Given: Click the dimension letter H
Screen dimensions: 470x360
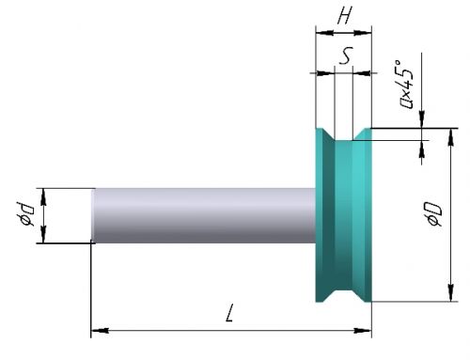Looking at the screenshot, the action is (x=345, y=15).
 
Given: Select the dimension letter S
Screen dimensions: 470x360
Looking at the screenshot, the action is (x=346, y=55).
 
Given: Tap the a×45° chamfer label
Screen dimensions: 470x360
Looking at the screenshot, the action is (x=406, y=84).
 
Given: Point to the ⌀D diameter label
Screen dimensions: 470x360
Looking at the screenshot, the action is (x=434, y=213).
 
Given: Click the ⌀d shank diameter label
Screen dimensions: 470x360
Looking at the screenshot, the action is (x=24, y=214).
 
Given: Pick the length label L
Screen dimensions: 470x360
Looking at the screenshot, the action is (x=230, y=312).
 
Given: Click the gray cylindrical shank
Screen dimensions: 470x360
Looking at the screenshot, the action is (x=204, y=215).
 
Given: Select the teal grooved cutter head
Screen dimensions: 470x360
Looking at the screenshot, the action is (x=344, y=215).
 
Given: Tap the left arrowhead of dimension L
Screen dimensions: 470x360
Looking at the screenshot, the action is (x=100, y=330).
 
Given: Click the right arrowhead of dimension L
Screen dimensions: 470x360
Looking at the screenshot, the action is (x=363, y=330).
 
